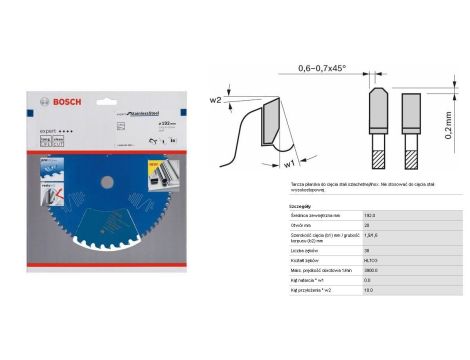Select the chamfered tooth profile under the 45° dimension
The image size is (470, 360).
coord(379,104)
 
